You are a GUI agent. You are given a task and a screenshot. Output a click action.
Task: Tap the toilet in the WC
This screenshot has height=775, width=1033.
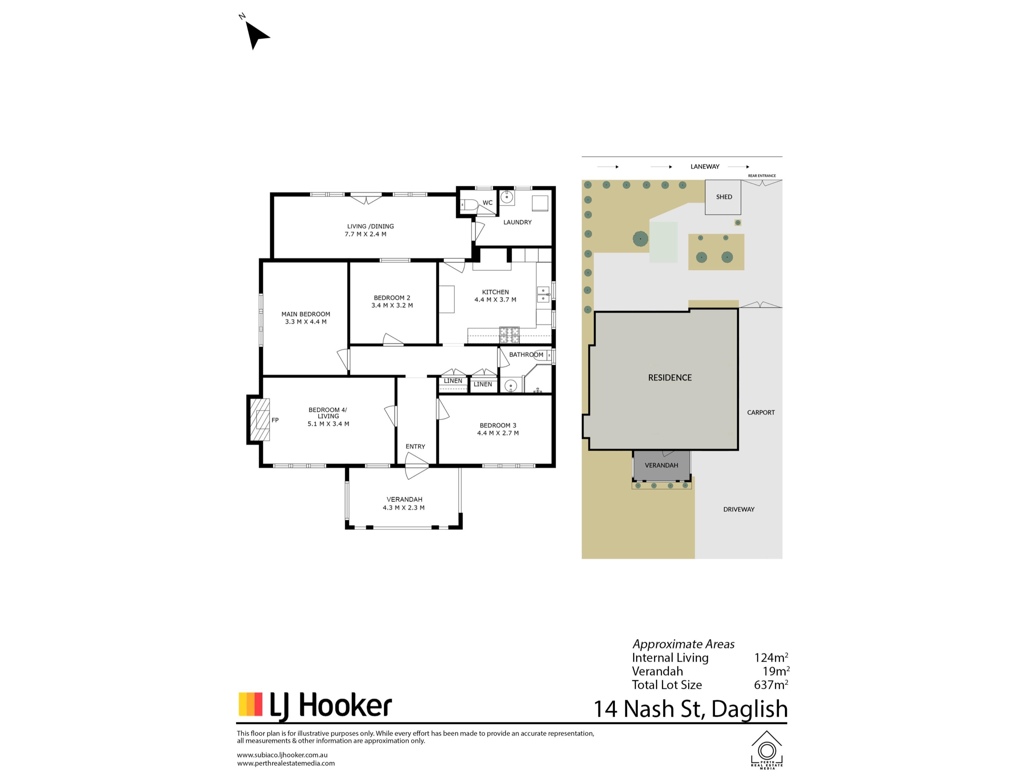(x=469, y=205)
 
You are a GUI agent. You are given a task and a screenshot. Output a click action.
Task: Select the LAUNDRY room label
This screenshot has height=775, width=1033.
(x=517, y=222)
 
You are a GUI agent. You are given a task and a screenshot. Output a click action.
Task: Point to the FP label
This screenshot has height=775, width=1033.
(x=275, y=420)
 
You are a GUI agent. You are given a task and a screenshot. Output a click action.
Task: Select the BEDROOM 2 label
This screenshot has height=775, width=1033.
(x=392, y=298)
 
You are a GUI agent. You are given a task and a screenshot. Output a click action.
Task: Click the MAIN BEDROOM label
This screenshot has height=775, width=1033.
(x=306, y=314)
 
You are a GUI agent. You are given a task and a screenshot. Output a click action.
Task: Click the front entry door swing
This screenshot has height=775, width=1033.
(x=416, y=466)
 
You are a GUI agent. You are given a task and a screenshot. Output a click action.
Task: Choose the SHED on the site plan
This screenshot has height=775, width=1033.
(x=723, y=197)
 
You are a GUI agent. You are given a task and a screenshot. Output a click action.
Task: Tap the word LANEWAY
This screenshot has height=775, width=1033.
(x=705, y=166)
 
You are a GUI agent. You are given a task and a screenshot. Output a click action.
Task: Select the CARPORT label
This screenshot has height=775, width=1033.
(x=761, y=413)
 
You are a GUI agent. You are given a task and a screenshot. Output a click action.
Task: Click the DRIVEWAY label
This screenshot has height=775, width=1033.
(x=739, y=509)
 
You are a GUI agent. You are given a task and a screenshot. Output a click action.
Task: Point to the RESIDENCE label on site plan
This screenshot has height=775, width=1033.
(x=670, y=378)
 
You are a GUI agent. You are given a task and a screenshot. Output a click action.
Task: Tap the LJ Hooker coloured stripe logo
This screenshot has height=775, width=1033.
(x=250, y=704)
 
